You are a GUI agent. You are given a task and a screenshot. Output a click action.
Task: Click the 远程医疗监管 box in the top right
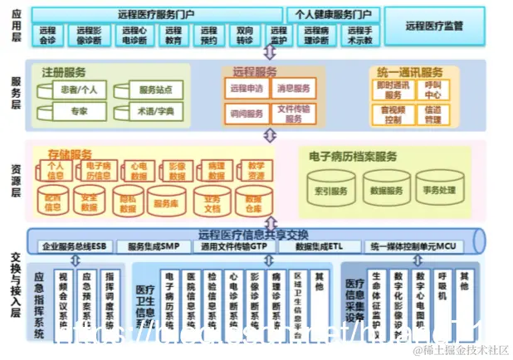pos(433,25)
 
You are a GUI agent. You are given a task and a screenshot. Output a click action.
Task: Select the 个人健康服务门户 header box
pos(333,14)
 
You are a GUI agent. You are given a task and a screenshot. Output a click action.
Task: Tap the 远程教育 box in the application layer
pos(173,35)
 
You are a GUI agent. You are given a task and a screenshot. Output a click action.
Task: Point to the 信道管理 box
pos(433,114)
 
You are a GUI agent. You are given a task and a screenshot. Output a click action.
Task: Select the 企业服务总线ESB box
pos(75,246)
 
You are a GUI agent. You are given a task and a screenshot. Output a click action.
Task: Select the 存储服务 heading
pos(70,153)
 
